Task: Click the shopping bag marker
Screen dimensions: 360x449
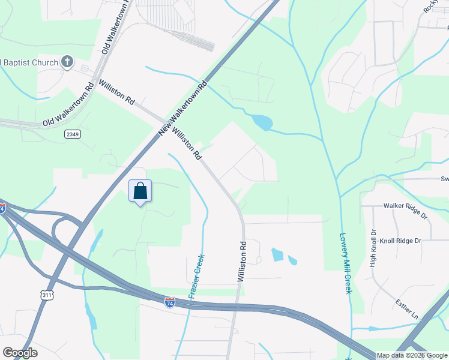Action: point(140,192)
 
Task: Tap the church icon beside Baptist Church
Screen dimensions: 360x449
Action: point(67,62)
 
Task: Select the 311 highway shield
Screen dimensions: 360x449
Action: point(46,295)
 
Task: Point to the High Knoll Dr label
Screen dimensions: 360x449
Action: point(373,247)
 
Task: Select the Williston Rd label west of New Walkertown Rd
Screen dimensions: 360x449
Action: point(117,92)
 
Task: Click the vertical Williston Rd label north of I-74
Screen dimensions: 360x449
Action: point(243,262)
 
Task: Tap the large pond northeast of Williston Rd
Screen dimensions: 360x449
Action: point(262,123)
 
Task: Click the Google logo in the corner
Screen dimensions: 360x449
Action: point(20,353)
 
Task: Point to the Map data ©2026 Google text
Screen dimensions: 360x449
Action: point(412,355)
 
